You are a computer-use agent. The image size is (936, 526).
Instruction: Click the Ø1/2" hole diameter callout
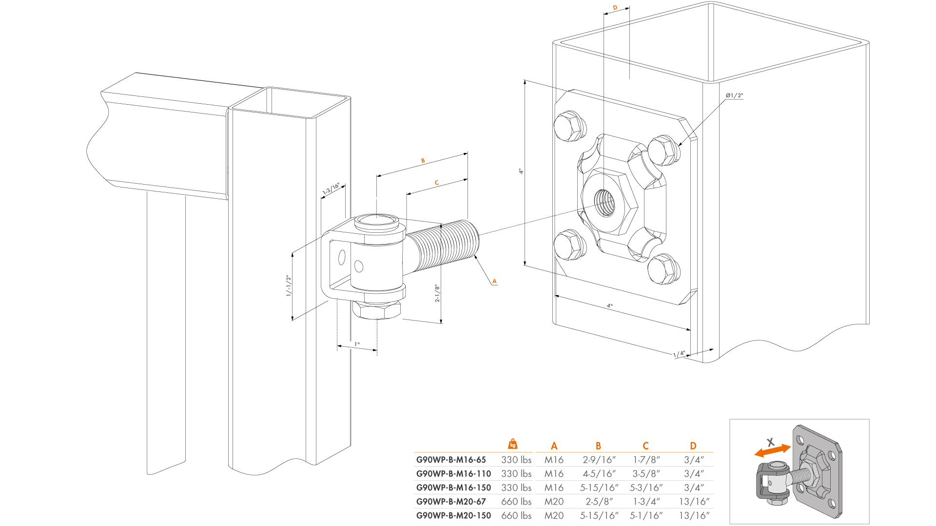point(734,95)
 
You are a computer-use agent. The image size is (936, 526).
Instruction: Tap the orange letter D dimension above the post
point(615,8)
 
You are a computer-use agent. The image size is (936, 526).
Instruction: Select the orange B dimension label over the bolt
point(423,161)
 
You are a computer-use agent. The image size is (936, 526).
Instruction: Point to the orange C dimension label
point(436,183)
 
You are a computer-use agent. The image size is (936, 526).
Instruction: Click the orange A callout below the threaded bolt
point(494,281)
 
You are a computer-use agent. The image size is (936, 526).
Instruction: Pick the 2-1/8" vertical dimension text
point(437,293)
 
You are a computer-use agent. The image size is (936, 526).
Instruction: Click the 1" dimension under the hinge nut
point(357,344)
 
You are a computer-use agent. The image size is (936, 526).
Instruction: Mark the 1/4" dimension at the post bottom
point(679,354)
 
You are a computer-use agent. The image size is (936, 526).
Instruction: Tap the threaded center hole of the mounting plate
point(604,203)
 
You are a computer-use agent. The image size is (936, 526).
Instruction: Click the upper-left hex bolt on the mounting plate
point(569,126)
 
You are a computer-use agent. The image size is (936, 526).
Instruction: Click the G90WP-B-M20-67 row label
point(451,501)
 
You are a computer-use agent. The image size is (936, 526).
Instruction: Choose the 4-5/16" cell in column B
point(599,473)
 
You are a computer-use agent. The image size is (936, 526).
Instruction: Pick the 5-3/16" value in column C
point(646,488)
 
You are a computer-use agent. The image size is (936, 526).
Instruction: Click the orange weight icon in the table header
point(512,444)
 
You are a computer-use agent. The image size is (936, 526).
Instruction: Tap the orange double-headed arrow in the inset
point(773,451)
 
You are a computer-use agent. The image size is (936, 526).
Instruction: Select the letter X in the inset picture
point(770,442)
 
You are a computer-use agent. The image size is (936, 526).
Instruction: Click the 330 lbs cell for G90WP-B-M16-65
point(516,460)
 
